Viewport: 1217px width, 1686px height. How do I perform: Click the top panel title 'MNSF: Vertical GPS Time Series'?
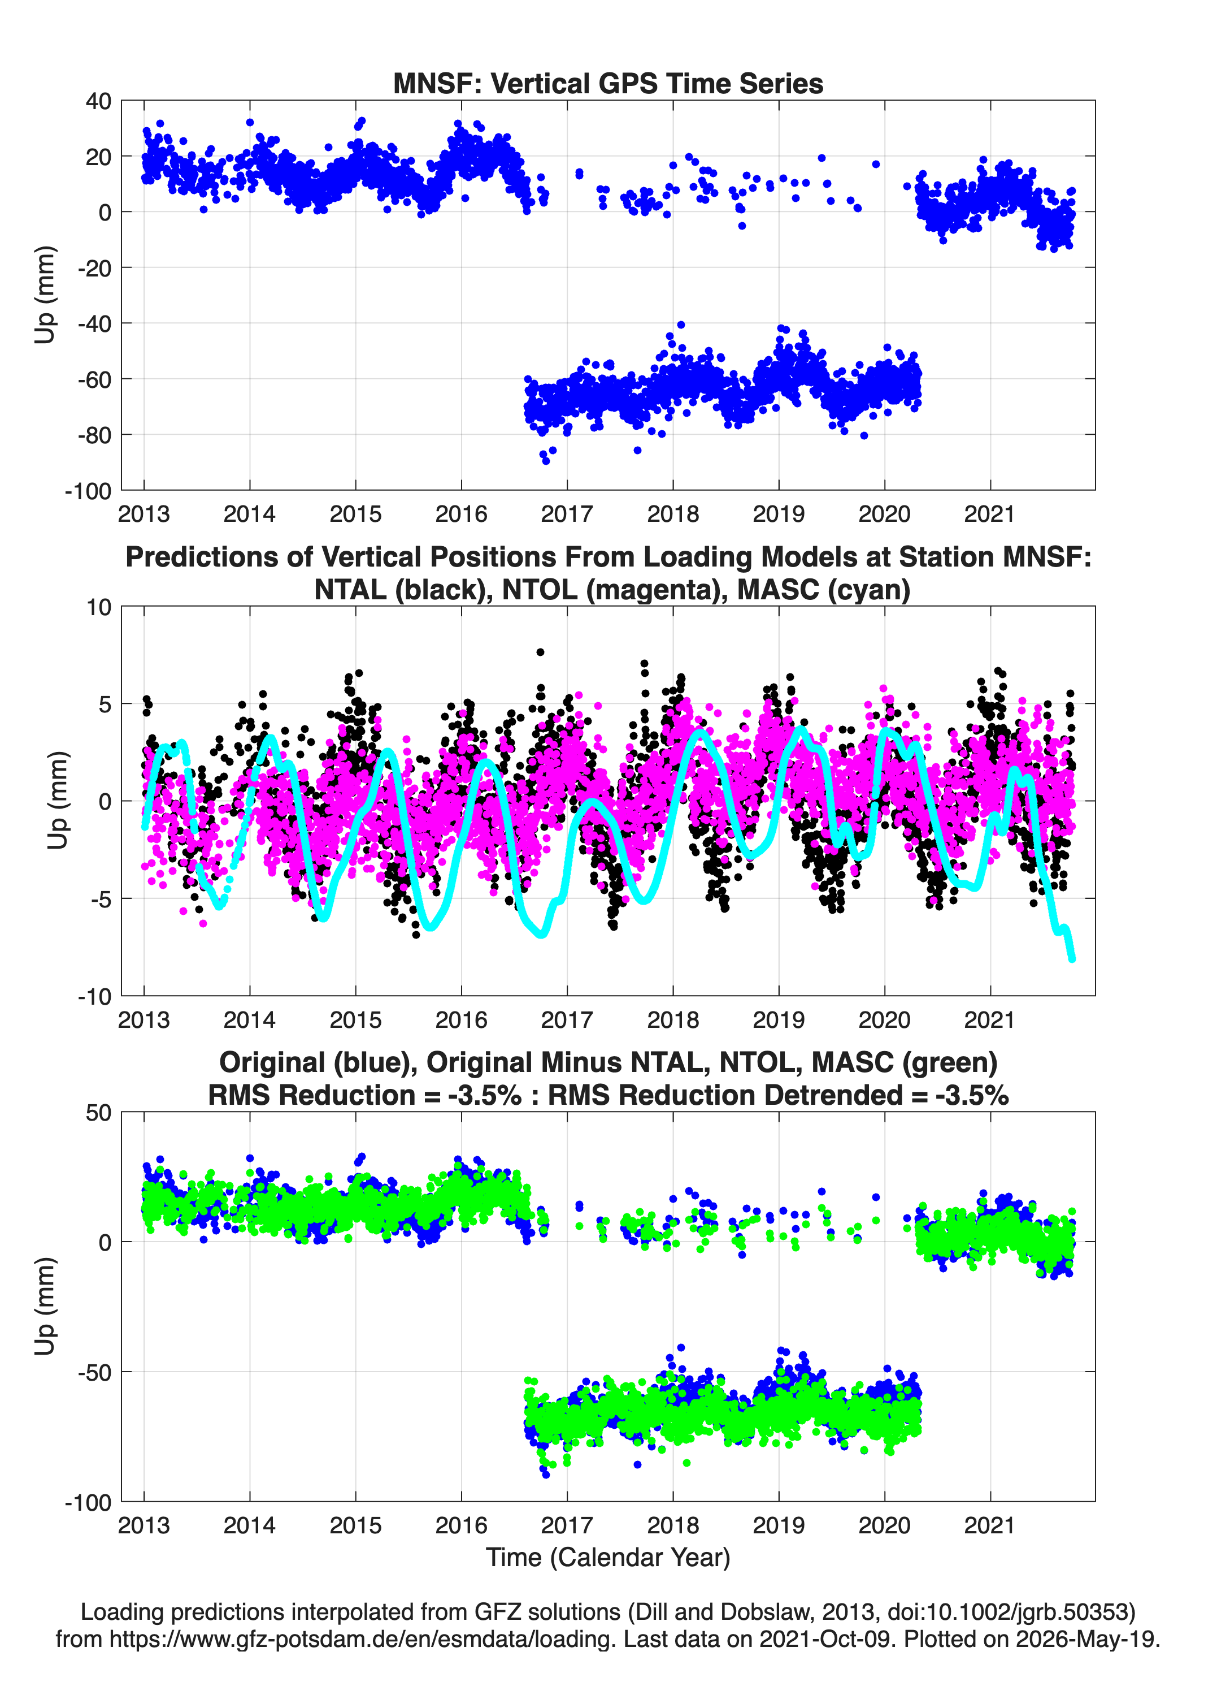coord(608,83)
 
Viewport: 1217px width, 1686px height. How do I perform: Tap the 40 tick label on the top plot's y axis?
coord(98,101)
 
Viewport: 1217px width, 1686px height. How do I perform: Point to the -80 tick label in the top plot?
coord(94,435)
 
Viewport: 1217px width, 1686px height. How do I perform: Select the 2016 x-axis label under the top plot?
coord(460,514)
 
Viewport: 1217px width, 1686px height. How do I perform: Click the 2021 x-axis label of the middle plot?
coord(990,1020)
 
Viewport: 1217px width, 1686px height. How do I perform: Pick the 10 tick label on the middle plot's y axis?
coord(99,607)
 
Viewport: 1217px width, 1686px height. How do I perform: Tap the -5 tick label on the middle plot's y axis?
coord(101,900)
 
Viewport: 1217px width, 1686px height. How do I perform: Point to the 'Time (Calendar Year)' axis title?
coord(608,1557)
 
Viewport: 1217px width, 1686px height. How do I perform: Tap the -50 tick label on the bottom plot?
coord(94,1372)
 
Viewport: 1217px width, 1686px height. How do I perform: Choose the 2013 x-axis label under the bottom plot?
coord(144,1525)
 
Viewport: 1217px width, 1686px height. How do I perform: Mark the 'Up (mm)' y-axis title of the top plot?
coord(45,295)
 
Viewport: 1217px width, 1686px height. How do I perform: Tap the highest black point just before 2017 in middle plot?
coord(540,652)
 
